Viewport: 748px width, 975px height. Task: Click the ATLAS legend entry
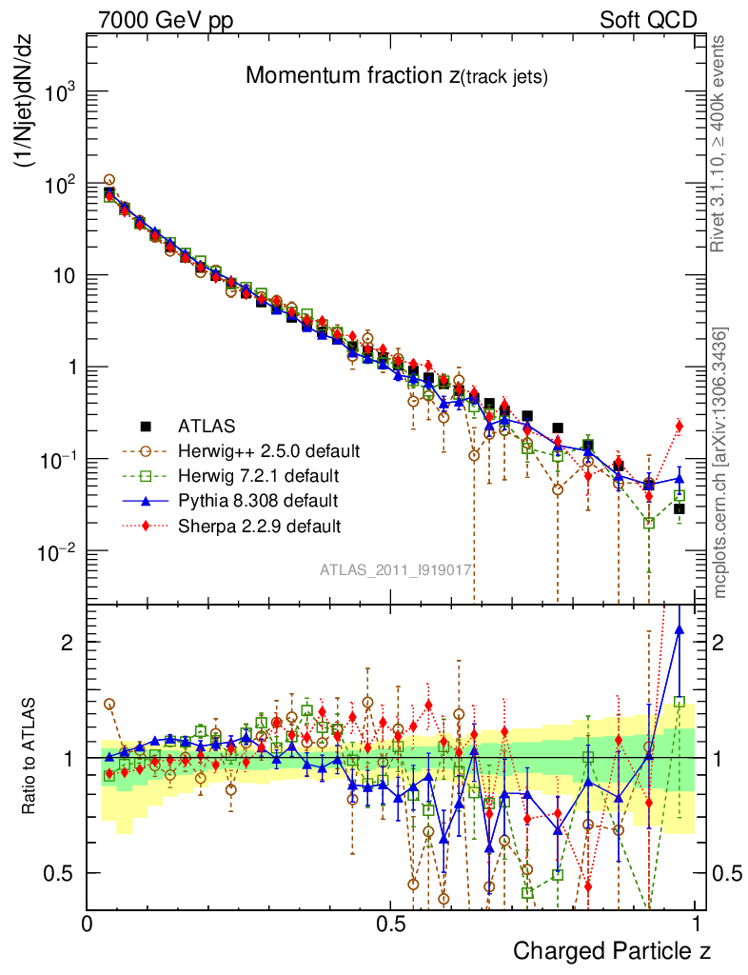point(207,425)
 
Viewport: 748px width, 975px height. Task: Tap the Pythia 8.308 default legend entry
point(258,499)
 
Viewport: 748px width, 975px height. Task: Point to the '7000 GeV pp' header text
point(167,19)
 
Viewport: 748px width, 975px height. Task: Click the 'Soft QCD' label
point(648,19)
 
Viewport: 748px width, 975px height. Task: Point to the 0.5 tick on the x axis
point(391,924)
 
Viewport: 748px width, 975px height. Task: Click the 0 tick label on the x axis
point(87,924)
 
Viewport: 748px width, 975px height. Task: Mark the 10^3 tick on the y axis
point(59,93)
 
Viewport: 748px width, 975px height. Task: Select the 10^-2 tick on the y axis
point(59,552)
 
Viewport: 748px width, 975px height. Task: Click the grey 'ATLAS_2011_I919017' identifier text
point(396,570)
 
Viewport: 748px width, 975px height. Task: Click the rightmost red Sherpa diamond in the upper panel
point(679,426)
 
